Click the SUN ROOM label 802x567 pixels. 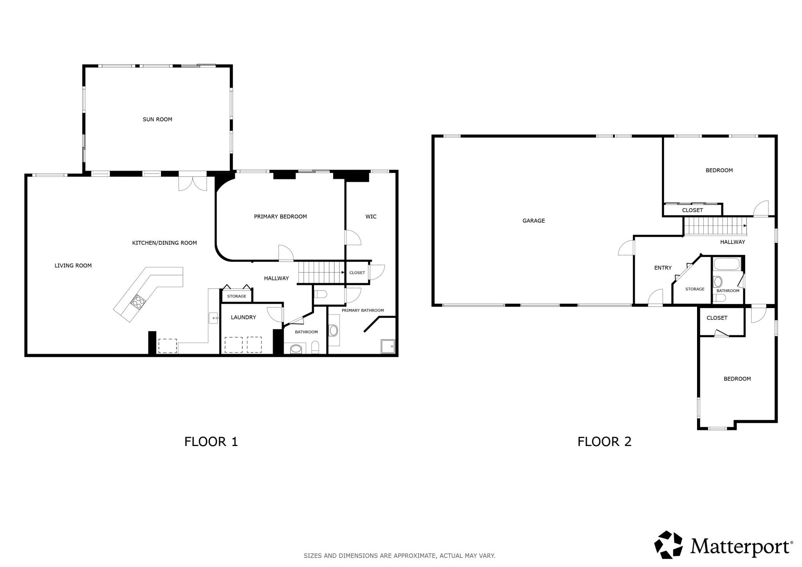157,119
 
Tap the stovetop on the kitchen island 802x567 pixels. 138,301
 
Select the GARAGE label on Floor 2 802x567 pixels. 534,221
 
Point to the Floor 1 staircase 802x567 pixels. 322,273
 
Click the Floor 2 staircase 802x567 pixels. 715,226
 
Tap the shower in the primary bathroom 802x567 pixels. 388,347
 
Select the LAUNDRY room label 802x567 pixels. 243,318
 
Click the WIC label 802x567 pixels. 371,217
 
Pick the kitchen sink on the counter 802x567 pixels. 214,318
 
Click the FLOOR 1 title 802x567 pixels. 211,442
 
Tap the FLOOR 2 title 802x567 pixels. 604,442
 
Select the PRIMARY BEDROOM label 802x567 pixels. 280,217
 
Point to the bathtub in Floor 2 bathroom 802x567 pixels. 726,264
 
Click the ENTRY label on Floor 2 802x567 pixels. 663,268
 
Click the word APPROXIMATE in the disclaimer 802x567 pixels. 415,556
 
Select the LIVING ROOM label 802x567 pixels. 73,265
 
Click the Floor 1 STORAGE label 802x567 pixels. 237,296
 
